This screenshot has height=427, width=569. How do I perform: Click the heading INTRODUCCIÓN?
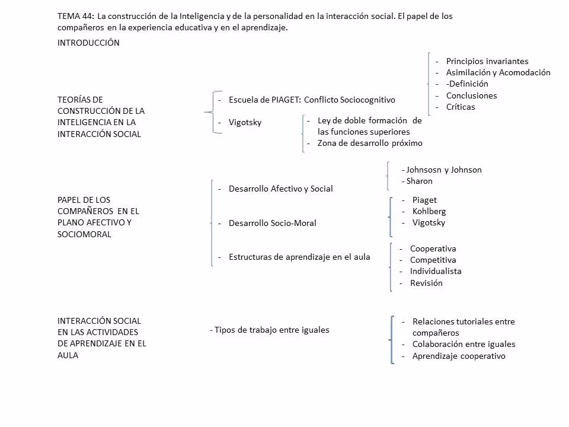tap(88, 43)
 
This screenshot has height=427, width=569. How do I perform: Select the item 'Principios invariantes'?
tap(487, 61)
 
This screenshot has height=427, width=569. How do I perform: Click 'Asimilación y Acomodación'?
tap(498, 72)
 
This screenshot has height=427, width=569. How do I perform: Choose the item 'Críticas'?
tap(461, 107)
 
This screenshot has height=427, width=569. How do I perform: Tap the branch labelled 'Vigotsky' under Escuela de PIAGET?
tap(245, 122)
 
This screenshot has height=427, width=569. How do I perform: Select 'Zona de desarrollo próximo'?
tap(370, 143)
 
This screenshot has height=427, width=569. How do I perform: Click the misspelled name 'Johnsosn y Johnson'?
tap(442, 170)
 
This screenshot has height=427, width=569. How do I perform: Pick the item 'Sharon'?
tap(418, 181)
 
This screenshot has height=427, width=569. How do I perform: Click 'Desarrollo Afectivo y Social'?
tap(280, 189)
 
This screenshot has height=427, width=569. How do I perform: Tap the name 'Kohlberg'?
tap(429, 211)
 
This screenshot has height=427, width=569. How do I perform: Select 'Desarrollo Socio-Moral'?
tap(272, 223)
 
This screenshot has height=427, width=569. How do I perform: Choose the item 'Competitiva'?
tap(433, 260)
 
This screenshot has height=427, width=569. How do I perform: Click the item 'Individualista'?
tap(436, 271)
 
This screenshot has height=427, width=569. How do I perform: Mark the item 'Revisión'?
tap(426, 283)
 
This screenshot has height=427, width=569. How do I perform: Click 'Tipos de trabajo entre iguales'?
tap(271, 330)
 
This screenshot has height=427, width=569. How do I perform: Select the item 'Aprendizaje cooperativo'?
tap(459, 356)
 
